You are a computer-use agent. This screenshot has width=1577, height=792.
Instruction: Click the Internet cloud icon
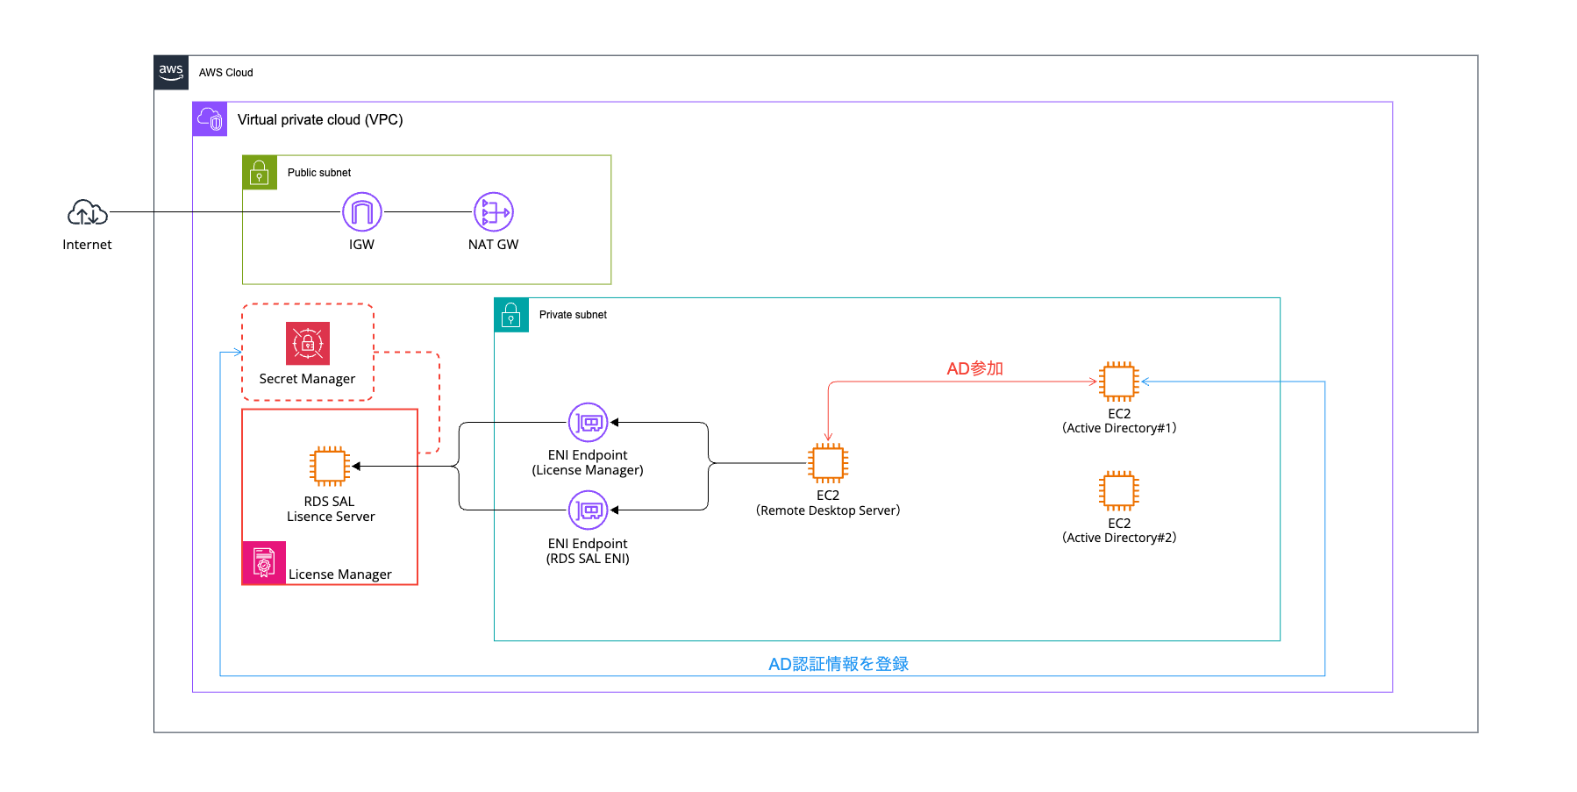(88, 212)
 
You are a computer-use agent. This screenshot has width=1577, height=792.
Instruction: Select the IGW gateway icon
(361, 212)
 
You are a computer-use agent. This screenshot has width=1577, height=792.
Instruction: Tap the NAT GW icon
(494, 212)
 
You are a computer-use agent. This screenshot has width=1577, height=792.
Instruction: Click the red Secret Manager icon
(308, 343)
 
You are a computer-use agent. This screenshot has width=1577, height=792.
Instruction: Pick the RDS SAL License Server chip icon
(330, 466)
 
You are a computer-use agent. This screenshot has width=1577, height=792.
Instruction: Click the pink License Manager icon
(264, 562)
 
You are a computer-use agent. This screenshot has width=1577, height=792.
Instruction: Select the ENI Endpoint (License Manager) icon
(588, 423)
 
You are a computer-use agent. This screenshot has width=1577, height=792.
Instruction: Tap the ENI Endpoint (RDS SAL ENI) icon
(588, 510)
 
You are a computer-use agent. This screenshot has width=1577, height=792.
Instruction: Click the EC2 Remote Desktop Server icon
(828, 463)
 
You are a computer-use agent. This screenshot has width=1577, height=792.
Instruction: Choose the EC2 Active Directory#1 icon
(1119, 382)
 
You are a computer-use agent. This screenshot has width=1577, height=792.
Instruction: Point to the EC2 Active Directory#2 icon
(1119, 491)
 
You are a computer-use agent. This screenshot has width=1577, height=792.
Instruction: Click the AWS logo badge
(171, 73)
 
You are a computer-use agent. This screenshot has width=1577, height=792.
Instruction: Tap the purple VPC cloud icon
(211, 119)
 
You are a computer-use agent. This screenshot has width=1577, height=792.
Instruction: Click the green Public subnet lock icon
(260, 173)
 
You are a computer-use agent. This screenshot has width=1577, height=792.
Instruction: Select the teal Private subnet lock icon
(511, 315)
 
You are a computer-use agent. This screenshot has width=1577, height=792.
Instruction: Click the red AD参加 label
(974, 368)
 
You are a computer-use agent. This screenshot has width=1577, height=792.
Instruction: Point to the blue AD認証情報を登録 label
(838, 664)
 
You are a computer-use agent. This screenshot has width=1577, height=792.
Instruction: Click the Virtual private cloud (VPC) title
(320, 119)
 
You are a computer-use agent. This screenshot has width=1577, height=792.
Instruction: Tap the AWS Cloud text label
(225, 73)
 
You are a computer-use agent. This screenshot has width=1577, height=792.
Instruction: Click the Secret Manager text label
(307, 379)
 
